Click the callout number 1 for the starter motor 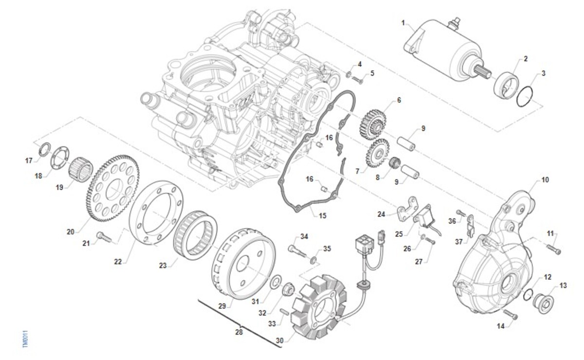click(x=403, y=23)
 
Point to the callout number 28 click(x=238, y=332)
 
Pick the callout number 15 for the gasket click(x=310, y=215)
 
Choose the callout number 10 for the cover click(x=545, y=180)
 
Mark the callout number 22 click(x=118, y=261)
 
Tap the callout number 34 click(x=304, y=237)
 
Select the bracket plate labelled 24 click(x=405, y=208)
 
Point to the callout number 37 click(x=459, y=242)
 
